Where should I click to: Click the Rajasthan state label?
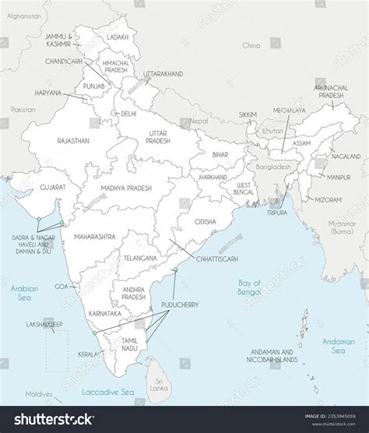73,140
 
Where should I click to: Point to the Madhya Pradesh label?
125,188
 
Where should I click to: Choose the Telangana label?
140,257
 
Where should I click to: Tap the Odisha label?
206,221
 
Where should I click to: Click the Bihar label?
220,155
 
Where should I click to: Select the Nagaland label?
346,157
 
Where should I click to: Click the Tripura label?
276,212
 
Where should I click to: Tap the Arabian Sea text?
23,293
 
